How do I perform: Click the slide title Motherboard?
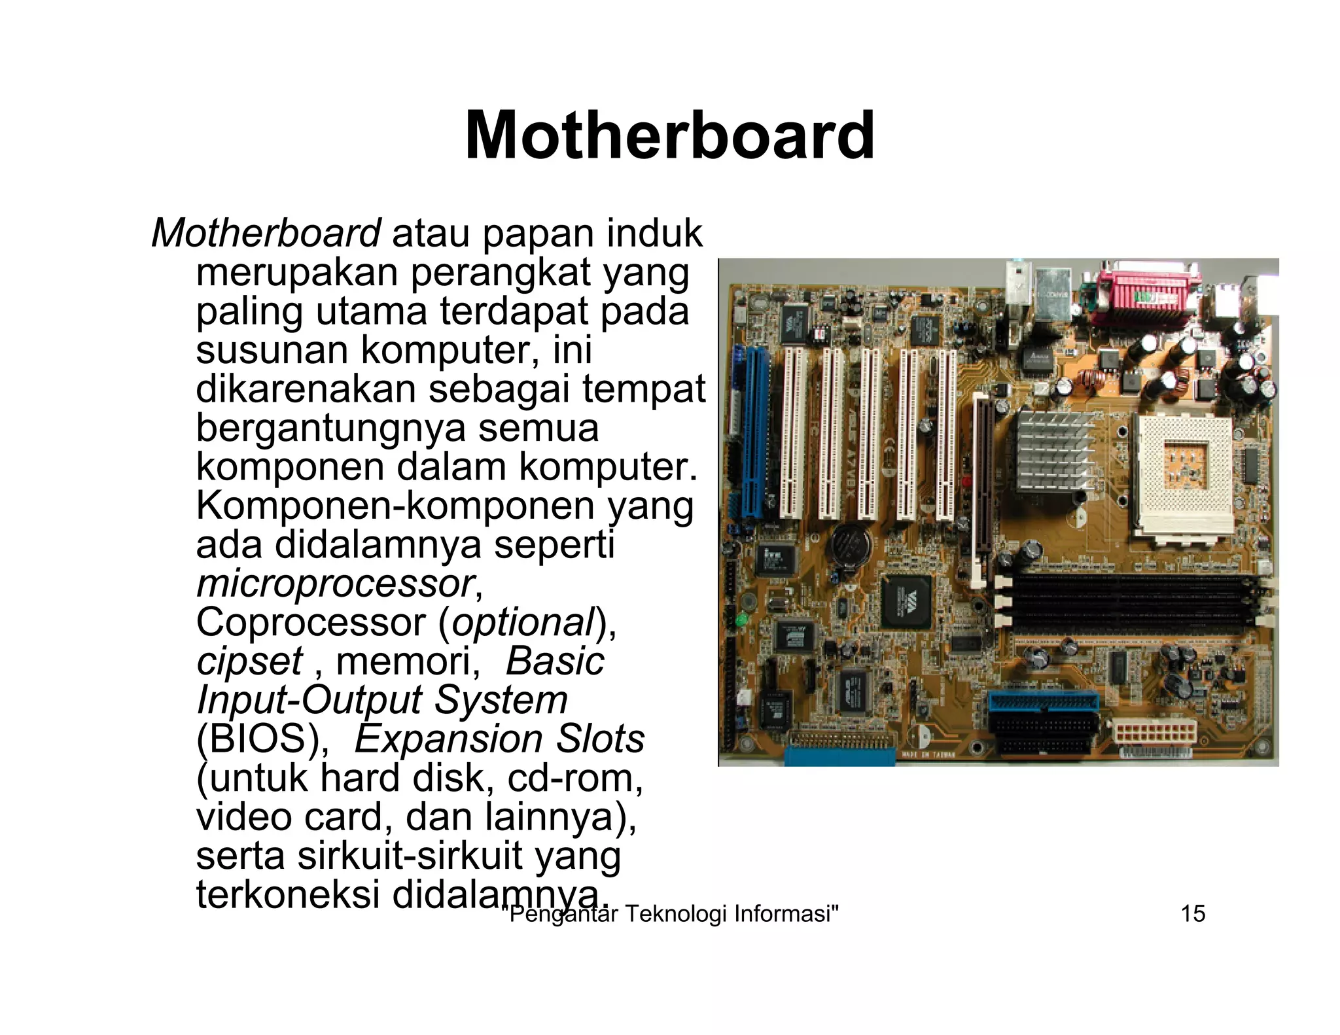click(x=669, y=135)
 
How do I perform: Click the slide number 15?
click(x=1193, y=913)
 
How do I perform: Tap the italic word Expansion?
click(x=449, y=739)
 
